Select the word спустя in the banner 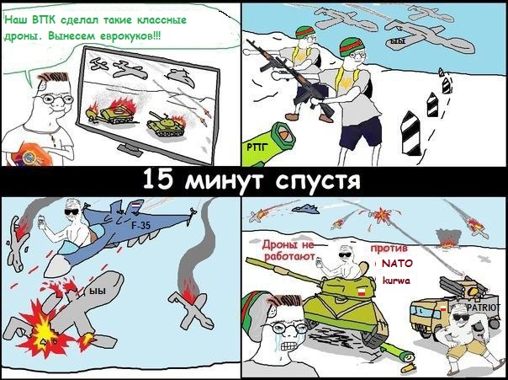pos(318,181)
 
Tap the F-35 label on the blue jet pos(140,225)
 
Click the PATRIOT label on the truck pos(484,308)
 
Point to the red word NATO pos(397,264)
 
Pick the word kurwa pos(396,280)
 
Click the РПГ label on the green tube pos(256,147)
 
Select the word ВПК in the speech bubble pos(44,20)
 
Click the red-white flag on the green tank pos(361,292)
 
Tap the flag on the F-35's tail pos(137,206)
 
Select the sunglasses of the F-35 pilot pos(71,212)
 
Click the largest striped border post pos(410,133)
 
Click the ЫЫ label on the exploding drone pos(98,291)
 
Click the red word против pos(389,249)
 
